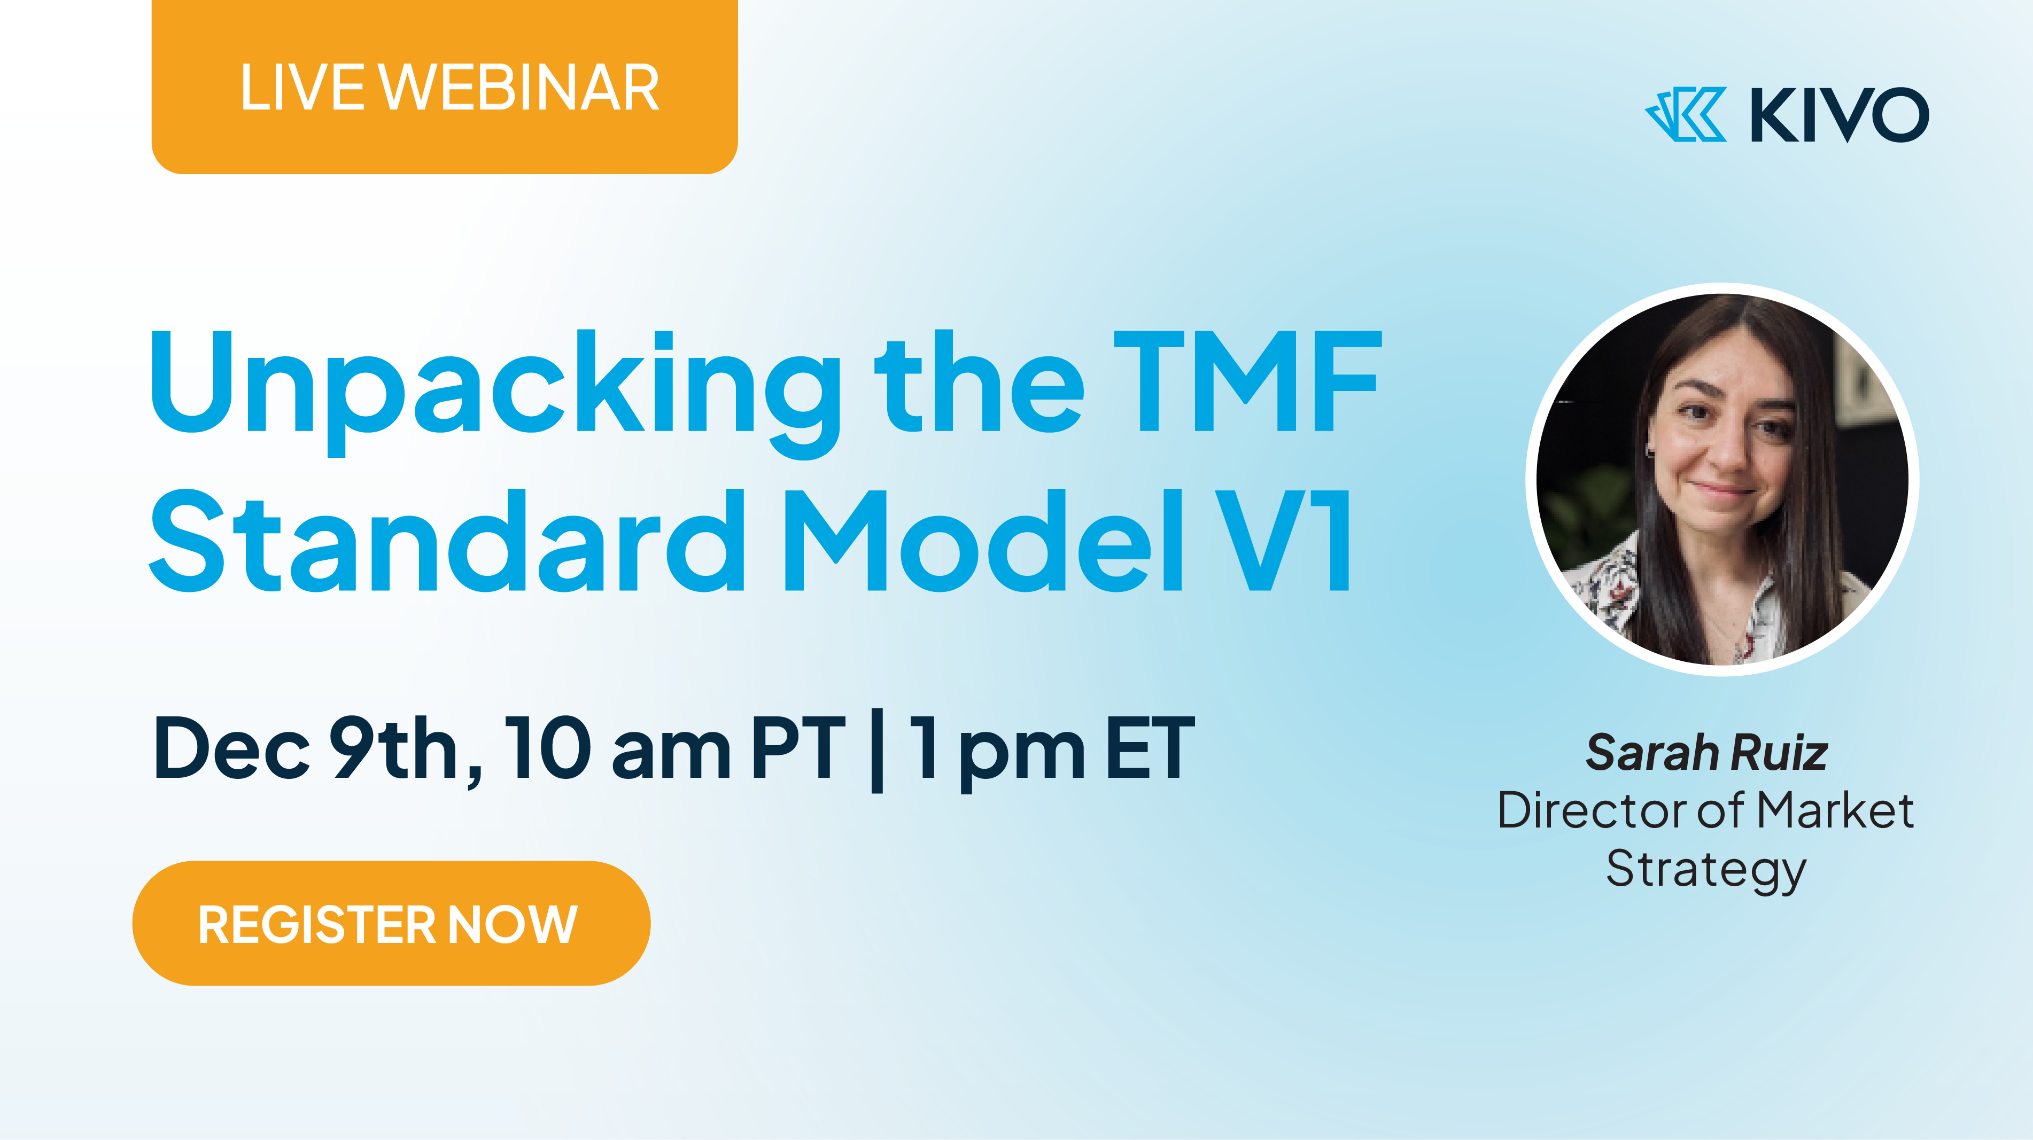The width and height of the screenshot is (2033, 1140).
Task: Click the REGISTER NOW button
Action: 391,923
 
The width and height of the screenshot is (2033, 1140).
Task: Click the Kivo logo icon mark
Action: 1686,114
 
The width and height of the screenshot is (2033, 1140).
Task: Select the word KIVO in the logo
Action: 1840,114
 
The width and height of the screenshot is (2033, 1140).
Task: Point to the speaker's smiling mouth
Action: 1725,491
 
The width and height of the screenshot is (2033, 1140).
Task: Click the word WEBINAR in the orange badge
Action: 519,88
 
